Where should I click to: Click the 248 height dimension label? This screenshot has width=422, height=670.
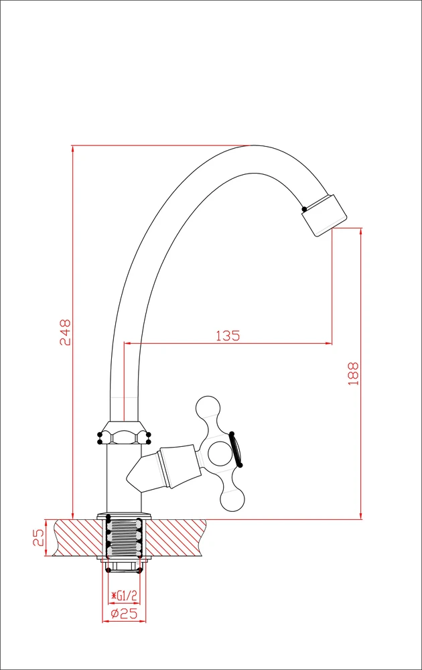tap(65, 332)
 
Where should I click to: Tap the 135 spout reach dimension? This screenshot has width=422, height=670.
tap(228, 336)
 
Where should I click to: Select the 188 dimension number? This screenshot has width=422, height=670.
tap(353, 373)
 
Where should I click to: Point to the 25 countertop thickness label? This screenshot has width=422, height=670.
tap(38, 537)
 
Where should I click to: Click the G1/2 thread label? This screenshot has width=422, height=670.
tap(124, 595)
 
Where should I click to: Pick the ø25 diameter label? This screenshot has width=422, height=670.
tap(124, 614)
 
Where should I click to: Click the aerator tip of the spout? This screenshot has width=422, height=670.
tap(324, 215)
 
